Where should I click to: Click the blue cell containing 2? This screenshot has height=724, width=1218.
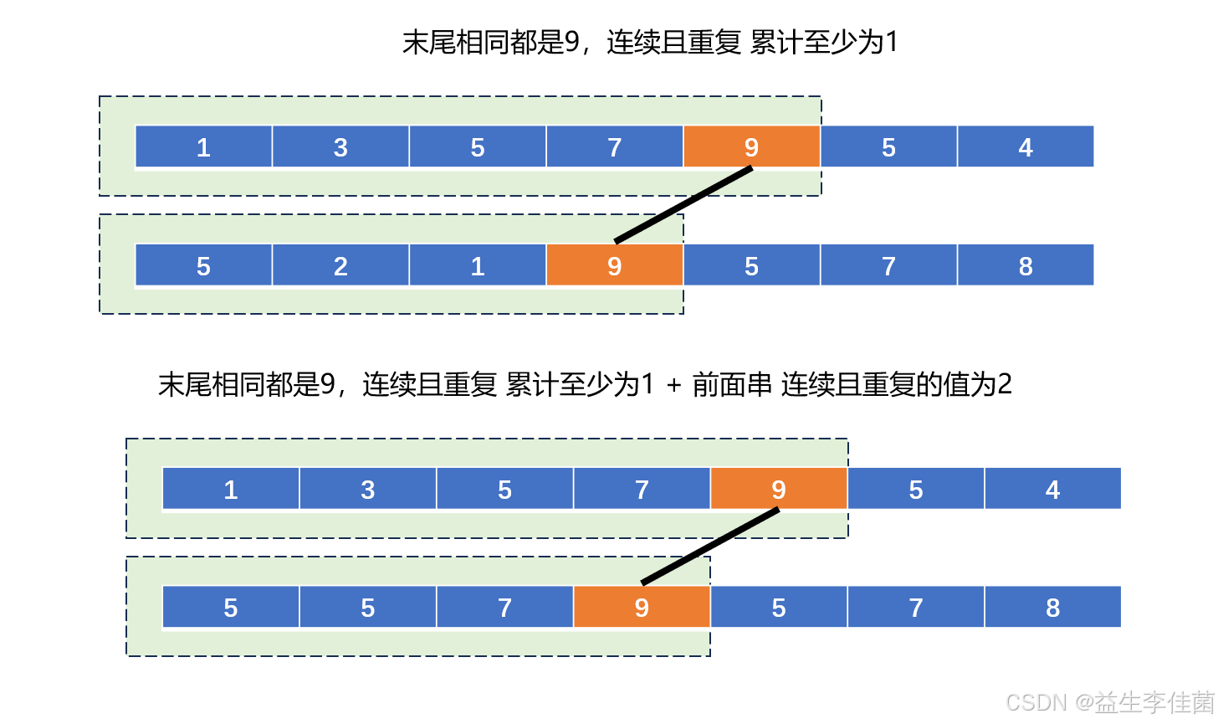(x=340, y=265)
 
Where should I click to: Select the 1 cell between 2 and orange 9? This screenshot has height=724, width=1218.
(x=478, y=265)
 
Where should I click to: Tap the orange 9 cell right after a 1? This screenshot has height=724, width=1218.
(x=615, y=265)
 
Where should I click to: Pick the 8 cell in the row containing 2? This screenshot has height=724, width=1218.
(x=1026, y=265)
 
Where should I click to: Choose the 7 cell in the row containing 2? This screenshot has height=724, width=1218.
(x=888, y=265)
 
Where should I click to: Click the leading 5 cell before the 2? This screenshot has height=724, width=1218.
(x=203, y=265)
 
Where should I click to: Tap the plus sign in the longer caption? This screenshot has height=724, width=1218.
(x=674, y=385)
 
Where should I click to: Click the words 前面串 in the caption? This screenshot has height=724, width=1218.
(x=732, y=385)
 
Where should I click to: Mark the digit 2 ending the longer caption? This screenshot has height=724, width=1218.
(x=1005, y=385)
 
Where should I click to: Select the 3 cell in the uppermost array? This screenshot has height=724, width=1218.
(x=340, y=147)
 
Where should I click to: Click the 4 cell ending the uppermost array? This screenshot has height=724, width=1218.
(x=1026, y=147)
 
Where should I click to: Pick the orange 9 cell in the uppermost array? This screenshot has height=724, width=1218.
(x=751, y=147)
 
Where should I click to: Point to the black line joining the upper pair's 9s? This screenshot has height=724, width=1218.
(x=683, y=205)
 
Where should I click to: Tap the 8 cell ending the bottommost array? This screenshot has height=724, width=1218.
(x=1052, y=608)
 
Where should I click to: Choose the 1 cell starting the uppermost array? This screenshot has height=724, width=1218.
(x=203, y=147)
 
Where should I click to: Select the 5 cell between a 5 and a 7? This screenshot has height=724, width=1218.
(x=367, y=608)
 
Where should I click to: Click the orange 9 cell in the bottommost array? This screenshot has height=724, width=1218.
(x=642, y=608)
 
